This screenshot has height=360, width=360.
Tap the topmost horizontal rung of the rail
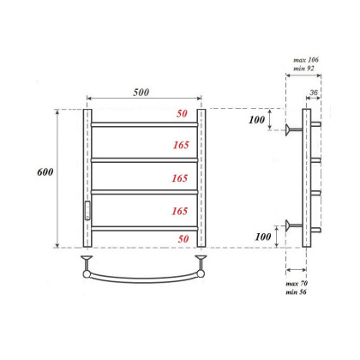click(144, 125)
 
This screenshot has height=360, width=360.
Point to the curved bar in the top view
click(144, 276)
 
